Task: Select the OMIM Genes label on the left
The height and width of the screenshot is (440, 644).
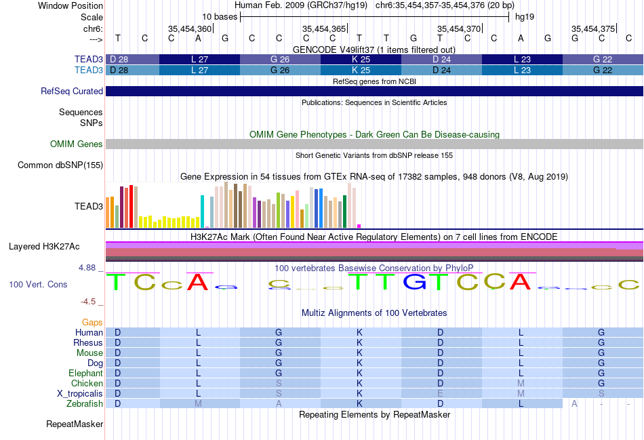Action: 76,144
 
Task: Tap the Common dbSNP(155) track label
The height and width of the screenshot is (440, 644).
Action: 60,165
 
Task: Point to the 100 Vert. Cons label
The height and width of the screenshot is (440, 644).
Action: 39,285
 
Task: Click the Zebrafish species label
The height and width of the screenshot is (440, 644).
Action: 85,404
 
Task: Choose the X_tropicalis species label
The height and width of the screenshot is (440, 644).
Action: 80,394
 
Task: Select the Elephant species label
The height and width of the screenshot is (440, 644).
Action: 85,374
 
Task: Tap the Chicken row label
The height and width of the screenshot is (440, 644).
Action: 87,384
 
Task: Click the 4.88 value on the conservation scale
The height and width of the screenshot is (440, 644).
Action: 87,268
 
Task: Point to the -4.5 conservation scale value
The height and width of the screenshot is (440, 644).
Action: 89,302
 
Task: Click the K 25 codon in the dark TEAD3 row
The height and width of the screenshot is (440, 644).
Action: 361,60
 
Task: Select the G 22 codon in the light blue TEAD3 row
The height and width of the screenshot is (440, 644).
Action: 602,71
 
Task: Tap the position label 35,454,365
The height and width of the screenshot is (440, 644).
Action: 324,29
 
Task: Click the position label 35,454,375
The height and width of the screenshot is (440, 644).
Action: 592,29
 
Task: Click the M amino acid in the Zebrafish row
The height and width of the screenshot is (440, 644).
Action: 199,404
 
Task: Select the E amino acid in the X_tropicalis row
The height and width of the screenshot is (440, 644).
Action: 441,394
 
